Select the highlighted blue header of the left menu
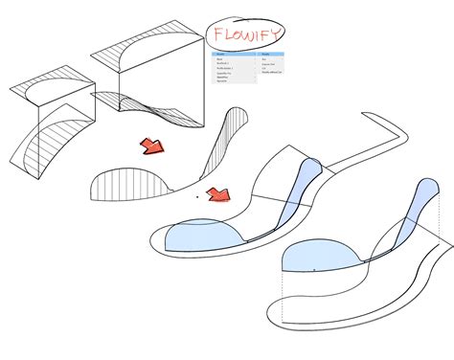coord(234,54)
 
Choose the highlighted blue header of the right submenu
coord(272,54)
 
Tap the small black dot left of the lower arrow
coord(196,196)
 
